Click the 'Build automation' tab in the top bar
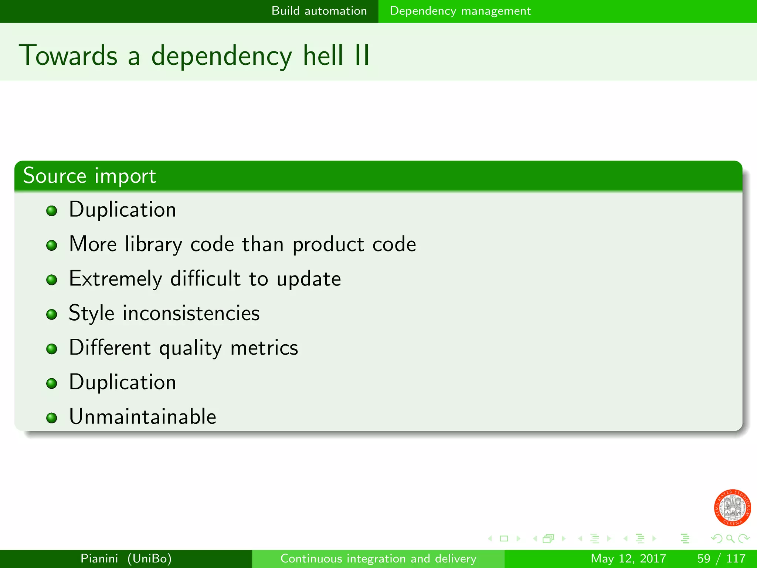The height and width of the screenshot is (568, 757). (319, 11)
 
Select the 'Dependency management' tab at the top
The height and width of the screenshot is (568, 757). (460, 11)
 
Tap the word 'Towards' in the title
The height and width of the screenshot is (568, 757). (68, 55)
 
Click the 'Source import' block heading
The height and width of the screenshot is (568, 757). (89, 176)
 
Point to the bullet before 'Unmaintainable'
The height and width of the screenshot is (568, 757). (52, 418)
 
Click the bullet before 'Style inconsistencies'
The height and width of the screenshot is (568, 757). (52, 315)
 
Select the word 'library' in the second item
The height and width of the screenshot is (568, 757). (153, 245)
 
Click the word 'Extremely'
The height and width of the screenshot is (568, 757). (115, 279)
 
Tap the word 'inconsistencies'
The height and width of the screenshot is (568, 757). (191, 313)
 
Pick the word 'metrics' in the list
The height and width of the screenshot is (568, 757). (264, 348)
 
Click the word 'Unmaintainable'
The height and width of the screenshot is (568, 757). (142, 417)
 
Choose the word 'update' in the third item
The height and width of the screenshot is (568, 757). (309, 279)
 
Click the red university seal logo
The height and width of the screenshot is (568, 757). (732, 508)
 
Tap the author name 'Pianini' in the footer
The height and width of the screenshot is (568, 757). (99, 558)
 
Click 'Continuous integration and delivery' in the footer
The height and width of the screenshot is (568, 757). (378, 558)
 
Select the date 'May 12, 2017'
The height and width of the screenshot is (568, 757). (628, 558)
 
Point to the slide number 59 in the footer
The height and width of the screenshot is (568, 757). (704, 558)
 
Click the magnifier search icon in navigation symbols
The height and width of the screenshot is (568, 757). (730, 538)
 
